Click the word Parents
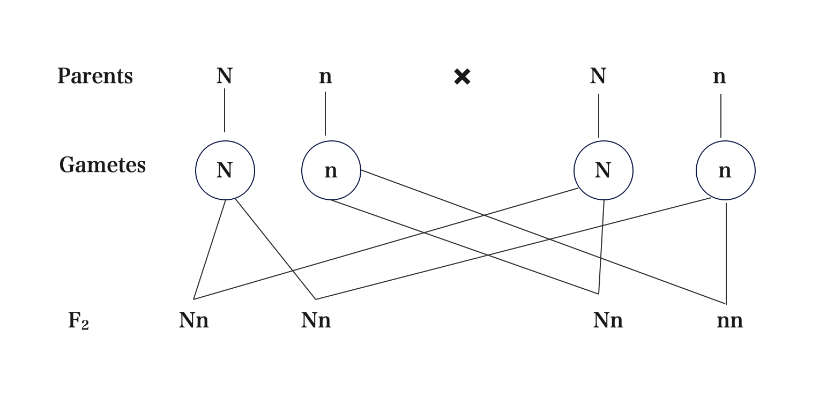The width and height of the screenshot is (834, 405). (95, 76)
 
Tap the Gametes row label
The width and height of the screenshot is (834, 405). (102, 165)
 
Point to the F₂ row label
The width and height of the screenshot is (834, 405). (78, 321)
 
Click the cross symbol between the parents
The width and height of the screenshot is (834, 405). (462, 77)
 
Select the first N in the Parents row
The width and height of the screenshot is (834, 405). (225, 76)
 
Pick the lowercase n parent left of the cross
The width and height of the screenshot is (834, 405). (325, 77)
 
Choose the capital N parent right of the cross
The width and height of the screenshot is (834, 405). (598, 76)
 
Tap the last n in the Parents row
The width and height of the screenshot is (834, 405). (719, 77)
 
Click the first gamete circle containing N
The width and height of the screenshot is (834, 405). (225, 170)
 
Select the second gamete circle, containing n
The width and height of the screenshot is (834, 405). (331, 170)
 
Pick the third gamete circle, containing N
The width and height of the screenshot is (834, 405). (604, 170)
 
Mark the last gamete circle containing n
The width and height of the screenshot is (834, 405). (725, 170)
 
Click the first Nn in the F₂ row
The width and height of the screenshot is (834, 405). (194, 320)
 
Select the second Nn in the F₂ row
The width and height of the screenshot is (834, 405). (316, 320)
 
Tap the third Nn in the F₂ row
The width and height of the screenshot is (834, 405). (608, 320)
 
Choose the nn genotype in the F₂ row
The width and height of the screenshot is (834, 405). (730, 320)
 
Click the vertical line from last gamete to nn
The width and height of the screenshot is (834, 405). (726, 252)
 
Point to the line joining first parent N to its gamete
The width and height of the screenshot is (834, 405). (225, 110)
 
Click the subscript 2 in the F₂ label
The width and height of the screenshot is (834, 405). (85, 325)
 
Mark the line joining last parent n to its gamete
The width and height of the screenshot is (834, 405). (721, 115)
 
